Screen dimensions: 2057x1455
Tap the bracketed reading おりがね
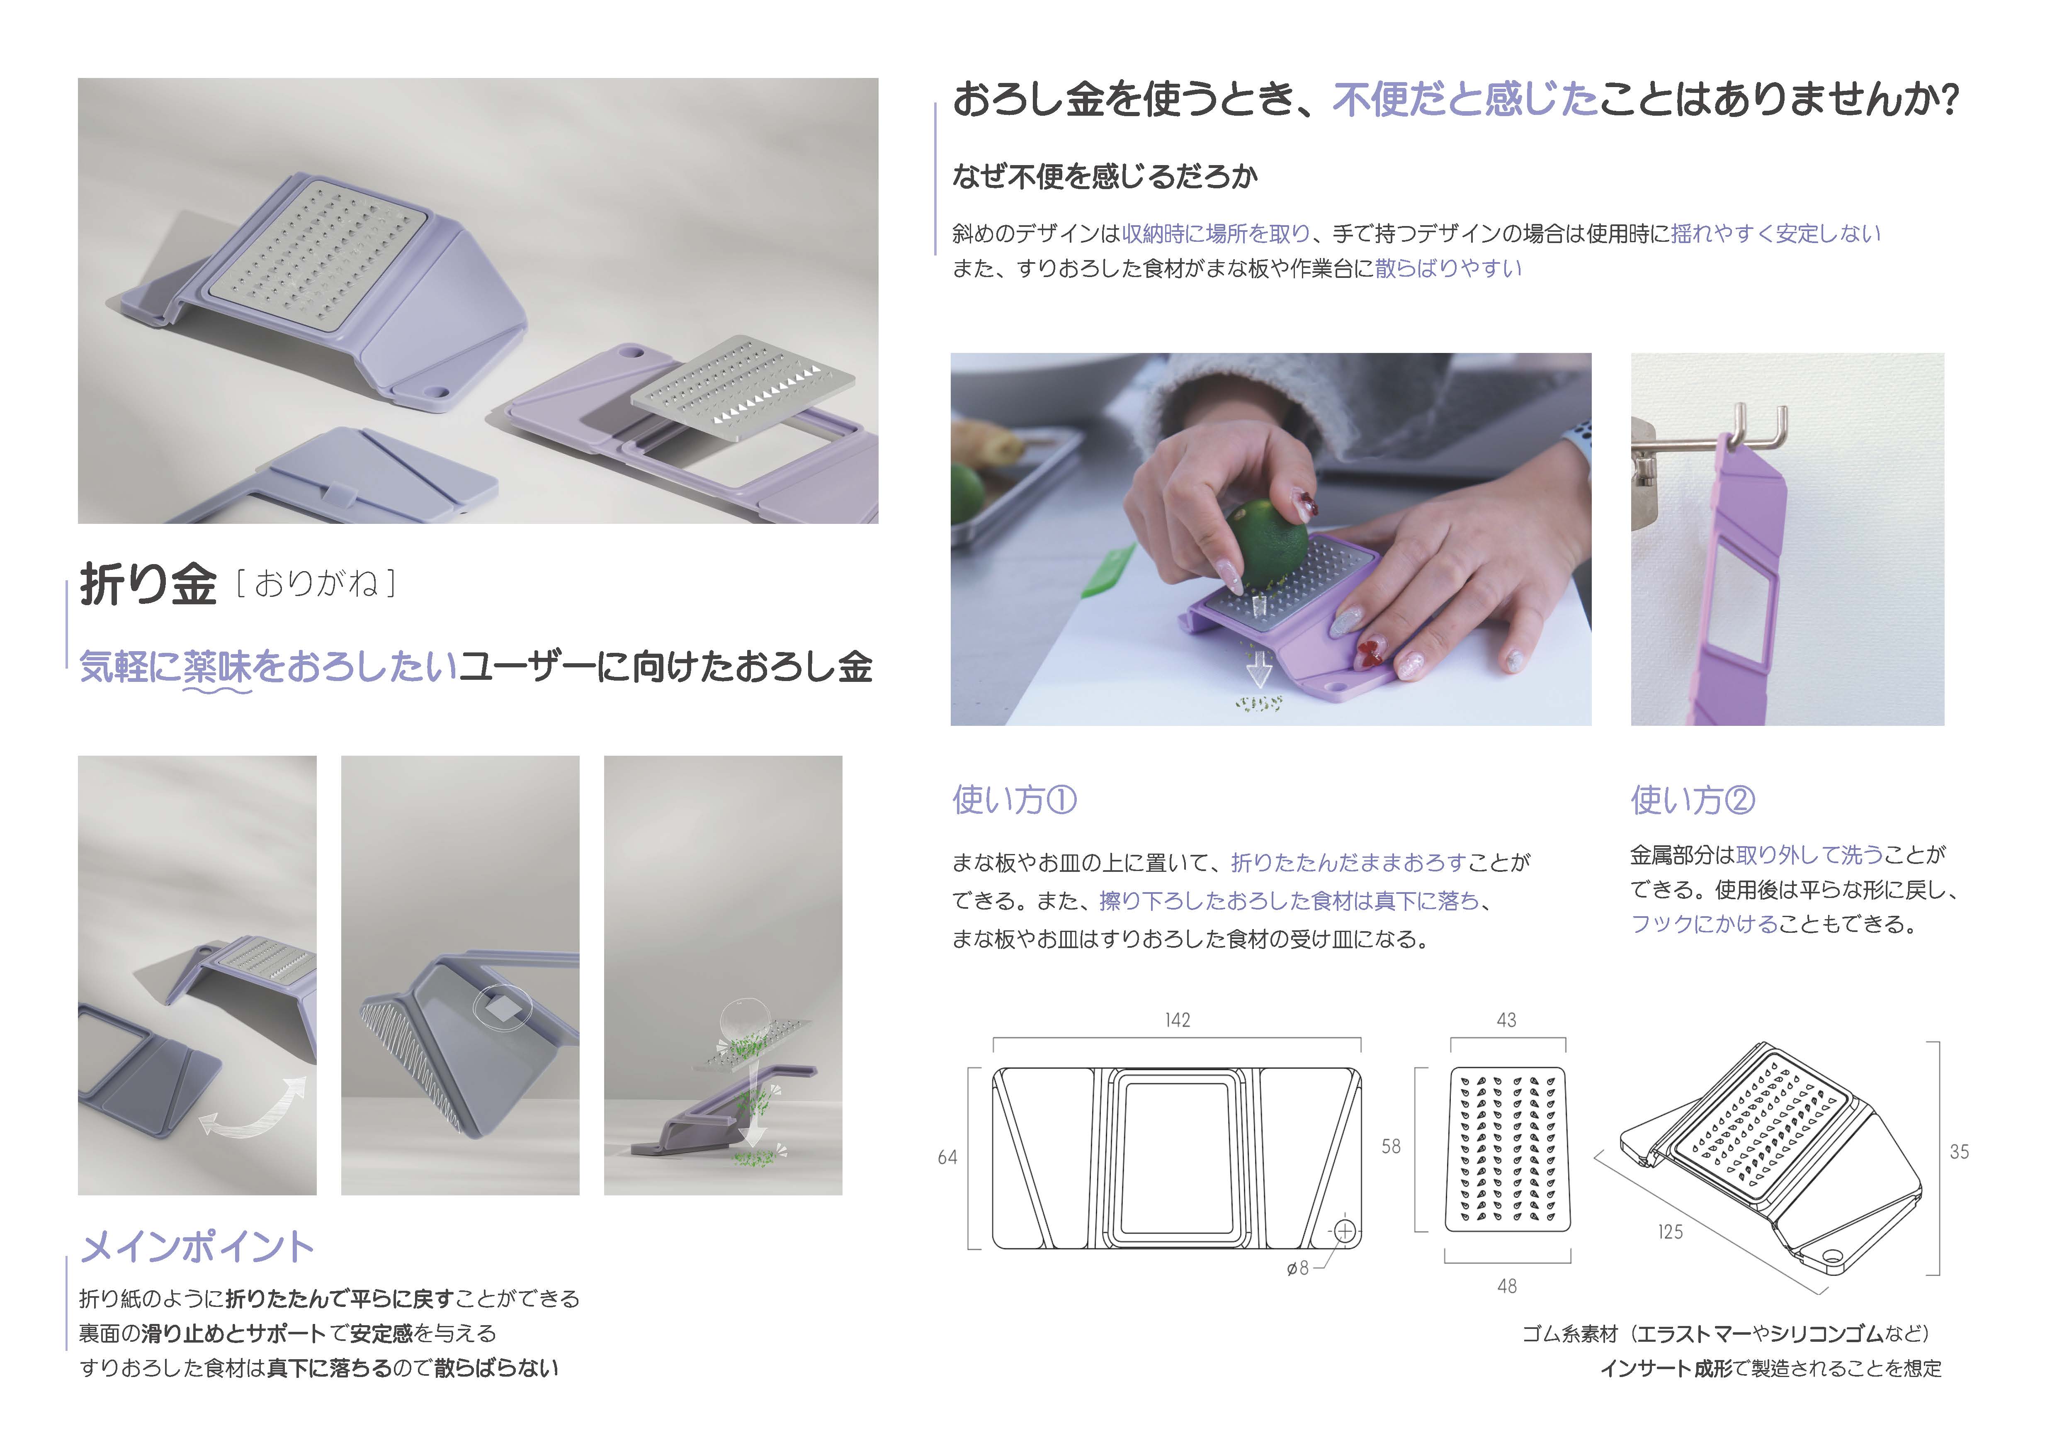(316, 584)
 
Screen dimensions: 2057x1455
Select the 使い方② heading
(1693, 799)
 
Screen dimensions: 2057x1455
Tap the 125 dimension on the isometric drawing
(1670, 1232)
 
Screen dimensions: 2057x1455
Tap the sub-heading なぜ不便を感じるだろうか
(1105, 177)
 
